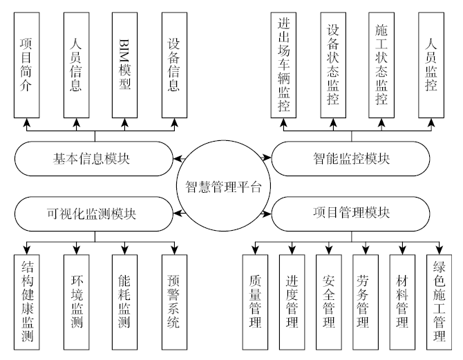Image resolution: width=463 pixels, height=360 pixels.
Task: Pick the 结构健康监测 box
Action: point(28,301)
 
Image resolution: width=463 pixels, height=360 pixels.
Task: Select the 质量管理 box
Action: point(255,301)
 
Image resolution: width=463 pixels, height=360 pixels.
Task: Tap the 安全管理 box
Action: point(329,301)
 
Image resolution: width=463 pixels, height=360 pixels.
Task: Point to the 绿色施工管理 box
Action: point(439,301)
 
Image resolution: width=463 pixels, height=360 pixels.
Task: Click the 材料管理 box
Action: point(402,301)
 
